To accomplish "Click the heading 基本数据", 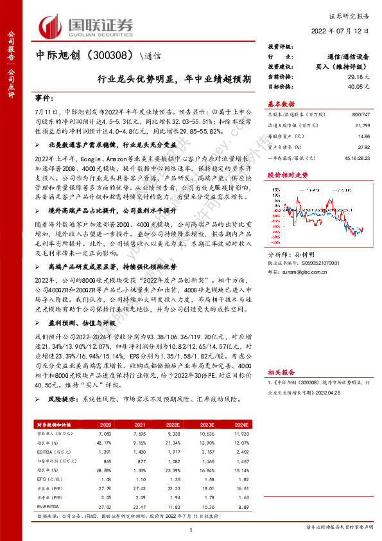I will click(281, 103).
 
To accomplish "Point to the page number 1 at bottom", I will click(191, 529).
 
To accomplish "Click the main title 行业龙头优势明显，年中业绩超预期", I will click(174, 80).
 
